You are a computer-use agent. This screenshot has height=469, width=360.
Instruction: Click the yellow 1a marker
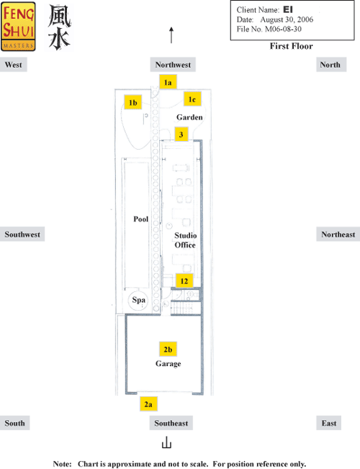[168, 82]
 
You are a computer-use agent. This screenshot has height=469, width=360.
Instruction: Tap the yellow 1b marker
[133, 102]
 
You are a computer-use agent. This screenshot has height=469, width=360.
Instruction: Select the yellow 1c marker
[192, 99]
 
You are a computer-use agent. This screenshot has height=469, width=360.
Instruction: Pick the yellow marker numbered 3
[181, 135]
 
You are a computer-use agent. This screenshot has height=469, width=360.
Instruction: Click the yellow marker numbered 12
[184, 281]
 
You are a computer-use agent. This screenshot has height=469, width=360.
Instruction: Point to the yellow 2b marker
[168, 349]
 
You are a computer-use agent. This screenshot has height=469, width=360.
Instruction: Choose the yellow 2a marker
[148, 404]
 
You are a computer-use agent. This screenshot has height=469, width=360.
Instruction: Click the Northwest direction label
[173, 65]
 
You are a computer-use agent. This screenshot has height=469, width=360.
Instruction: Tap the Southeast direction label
[171, 423]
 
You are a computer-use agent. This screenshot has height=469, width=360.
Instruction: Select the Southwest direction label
[22, 234]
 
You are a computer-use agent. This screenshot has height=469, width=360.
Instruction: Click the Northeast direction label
[338, 234]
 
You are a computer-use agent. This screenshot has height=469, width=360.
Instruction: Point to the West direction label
[14, 65]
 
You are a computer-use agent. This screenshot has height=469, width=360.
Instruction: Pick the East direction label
[329, 423]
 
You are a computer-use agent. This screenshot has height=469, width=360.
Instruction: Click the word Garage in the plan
[168, 364]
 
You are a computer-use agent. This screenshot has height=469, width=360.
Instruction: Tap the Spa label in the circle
[139, 300]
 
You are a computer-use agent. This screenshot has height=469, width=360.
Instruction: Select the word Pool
[141, 219]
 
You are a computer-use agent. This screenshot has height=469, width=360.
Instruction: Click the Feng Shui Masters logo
[18, 27]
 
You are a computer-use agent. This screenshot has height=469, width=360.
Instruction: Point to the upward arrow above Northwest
[171, 35]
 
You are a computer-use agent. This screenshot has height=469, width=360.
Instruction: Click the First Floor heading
[291, 46]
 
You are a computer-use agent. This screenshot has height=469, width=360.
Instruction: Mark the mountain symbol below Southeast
[166, 442]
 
